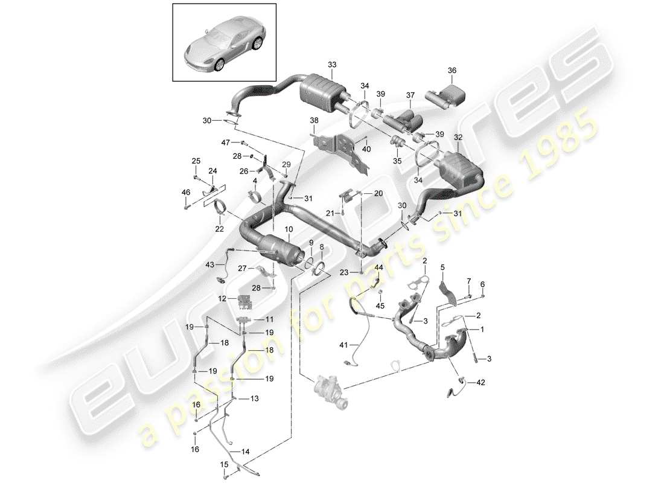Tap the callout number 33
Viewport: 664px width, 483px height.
click(331, 65)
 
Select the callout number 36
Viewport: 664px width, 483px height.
click(452, 70)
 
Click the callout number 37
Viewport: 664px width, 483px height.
click(410, 95)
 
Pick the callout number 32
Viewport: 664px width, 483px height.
click(459, 138)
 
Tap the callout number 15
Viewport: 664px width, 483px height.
click(224, 465)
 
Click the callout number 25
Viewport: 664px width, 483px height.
click(196, 161)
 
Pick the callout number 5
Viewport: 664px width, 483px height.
click(442, 266)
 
